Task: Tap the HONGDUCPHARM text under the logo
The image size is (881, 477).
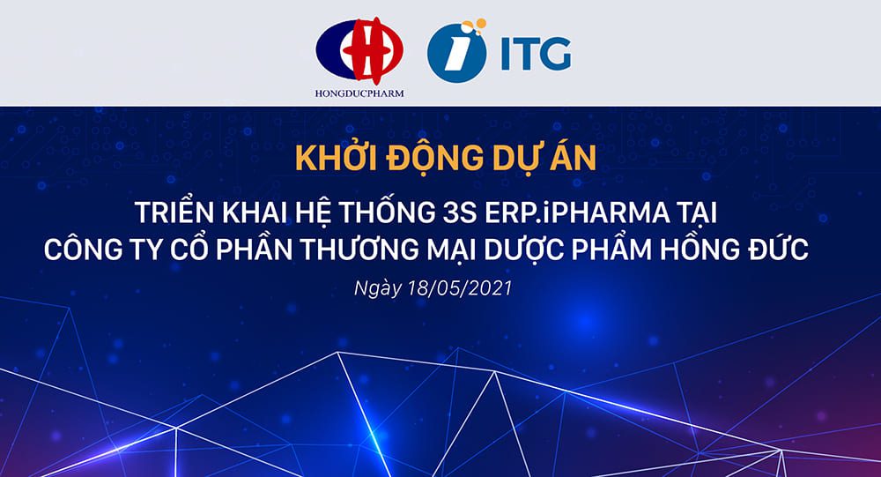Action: pos(359,93)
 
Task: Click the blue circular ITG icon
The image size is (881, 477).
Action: pos(456,53)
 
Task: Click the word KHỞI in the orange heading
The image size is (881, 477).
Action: pos(330,159)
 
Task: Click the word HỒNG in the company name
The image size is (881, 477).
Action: pos(708,250)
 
